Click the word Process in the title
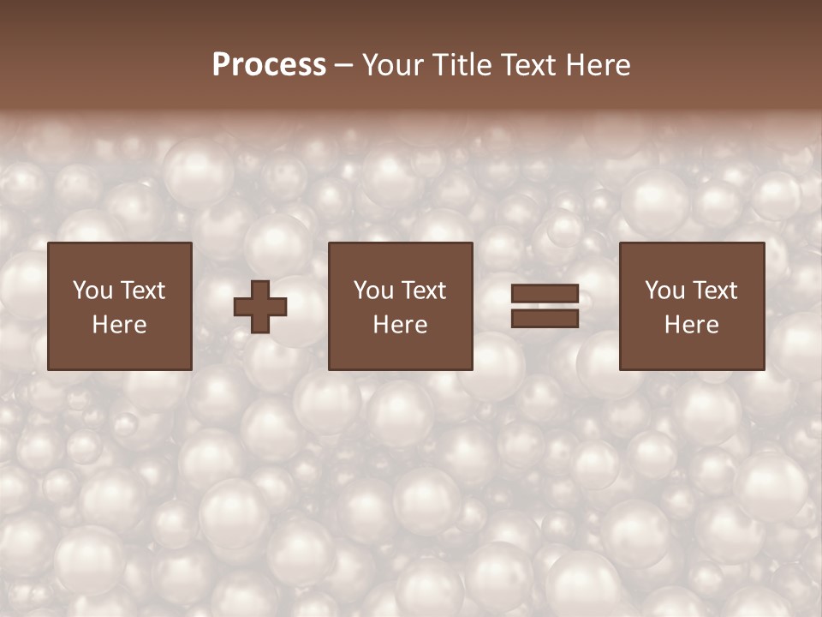(269, 65)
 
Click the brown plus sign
(260, 307)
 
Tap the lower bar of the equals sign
(545, 319)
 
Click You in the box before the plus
(92, 291)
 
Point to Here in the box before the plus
(119, 325)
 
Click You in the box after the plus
(373, 291)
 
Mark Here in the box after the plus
(400, 325)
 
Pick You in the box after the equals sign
(664, 291)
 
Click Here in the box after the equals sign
(691, 325)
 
